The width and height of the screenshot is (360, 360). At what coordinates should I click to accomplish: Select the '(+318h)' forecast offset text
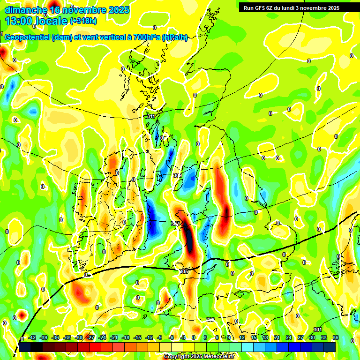[84, 21]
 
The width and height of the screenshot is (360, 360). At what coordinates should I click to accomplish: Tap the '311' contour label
[151, 116]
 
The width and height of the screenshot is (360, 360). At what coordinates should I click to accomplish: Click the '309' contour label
[177, 175]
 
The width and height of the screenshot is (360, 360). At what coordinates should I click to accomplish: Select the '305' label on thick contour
[183, 271]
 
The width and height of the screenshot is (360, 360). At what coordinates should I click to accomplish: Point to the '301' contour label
[317, 330]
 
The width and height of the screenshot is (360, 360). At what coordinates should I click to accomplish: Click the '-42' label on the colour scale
[32, 338]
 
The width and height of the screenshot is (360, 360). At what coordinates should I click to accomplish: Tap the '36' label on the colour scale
[335, 338]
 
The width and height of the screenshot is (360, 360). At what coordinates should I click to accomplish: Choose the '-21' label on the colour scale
[114, 338]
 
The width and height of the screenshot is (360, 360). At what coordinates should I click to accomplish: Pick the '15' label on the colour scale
[254, 338]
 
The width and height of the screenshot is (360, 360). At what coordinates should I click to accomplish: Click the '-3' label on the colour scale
[183, 338]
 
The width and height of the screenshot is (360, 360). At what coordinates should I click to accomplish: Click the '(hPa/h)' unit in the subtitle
[174, 37]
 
